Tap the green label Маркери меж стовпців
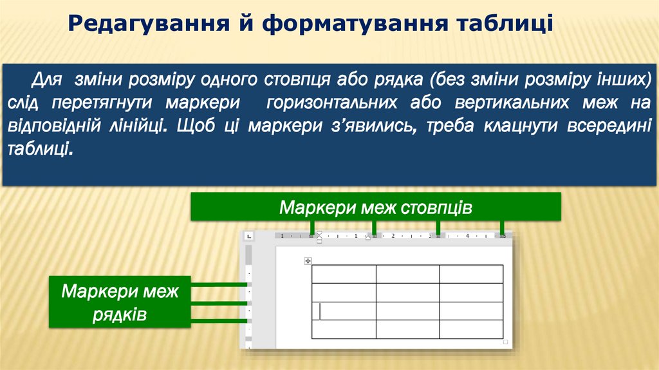376,209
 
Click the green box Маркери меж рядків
120,302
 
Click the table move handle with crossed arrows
308,260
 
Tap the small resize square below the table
506,342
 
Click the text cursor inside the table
320,311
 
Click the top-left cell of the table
344,273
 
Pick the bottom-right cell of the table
471,329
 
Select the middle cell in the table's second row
407,292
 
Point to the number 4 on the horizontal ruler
467,236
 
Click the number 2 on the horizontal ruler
392,236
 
